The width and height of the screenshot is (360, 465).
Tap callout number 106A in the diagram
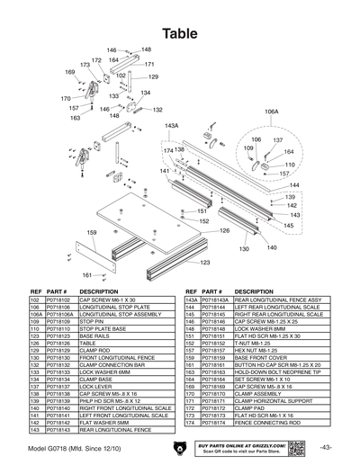coord(272,112)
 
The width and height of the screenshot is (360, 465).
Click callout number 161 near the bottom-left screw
coord(87,275)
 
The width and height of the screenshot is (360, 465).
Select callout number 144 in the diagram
coord(293,184)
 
